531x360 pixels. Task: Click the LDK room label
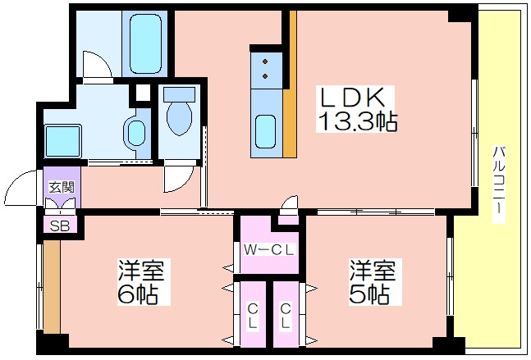pyautogui.click(x=353, y=98)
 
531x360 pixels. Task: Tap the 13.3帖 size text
pyautogui.click(x=357, y=121)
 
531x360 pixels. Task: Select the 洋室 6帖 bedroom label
pyautogui.click(x=141, y=281)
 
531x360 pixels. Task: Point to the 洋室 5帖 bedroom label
pyautogui.click(x=373, y=281)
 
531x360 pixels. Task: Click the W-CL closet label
pyautogui.click(x=269, y=250)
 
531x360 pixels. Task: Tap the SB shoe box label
pyautogui.click(x=60, y=226)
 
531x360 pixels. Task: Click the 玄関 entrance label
pyautogui.click(x=62, y=187)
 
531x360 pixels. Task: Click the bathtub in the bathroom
pyautogui.click(x=145, y=43)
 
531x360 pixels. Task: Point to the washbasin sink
pyautogui.click(x=136, y=133)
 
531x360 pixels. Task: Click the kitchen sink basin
pyautogui.click(x=266, y=131)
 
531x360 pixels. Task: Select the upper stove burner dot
pyautogui.click(x=265, y=62)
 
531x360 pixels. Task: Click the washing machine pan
pyautogui.click(x=63, y=141)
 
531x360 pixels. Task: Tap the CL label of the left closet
pyautogui.click(x=253, y=317)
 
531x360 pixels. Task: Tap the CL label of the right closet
pyautogui.click(x=286, y=317)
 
